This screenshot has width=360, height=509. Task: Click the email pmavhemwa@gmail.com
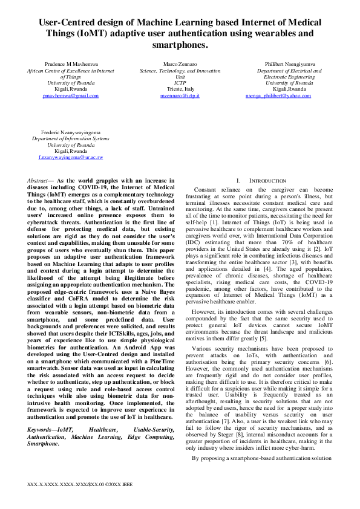coord(71,96)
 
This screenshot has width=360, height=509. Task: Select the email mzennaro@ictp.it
coord(180,96)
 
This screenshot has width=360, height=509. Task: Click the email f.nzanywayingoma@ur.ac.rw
coord(71,157)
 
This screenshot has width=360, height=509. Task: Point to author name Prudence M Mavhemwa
coord(71,63)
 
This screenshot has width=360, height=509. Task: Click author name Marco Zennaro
coord(180,63)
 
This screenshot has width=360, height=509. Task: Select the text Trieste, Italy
coord(180,89)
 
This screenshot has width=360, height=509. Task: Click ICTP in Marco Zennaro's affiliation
coord(180,83)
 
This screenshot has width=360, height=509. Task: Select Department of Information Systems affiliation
coord(71,138)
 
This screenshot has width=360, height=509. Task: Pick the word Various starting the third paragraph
coord(205,349)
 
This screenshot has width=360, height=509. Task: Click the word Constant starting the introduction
coord(208,189)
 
